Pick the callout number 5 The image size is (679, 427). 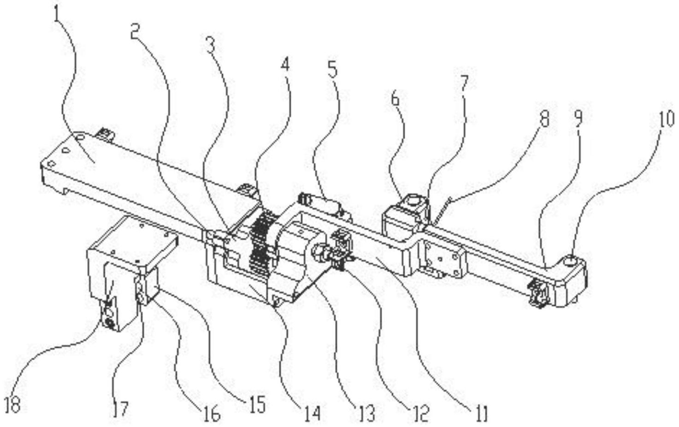[332, 69]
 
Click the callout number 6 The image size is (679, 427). [395, 98]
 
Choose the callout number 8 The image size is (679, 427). [544, 119]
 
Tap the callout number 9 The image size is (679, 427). [578, 117]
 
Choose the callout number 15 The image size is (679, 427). [258, 405]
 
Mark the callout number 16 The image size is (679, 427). [212, 414]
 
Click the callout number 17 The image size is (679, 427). [120, 409]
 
